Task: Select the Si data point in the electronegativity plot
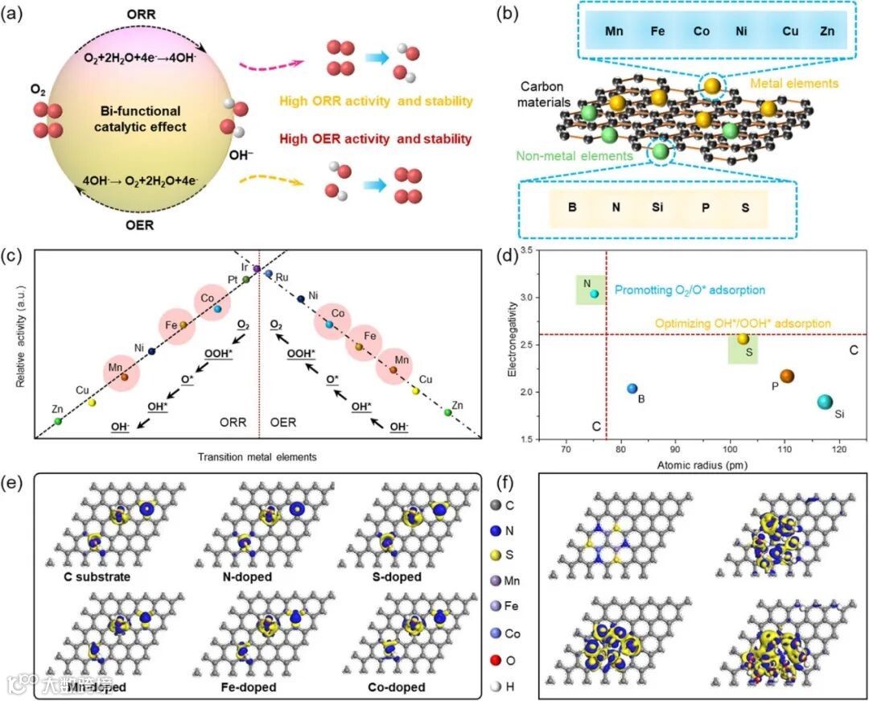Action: pos(825,402)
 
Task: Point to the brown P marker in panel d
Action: pos(787,376)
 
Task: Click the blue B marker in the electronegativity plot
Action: pos(632,389)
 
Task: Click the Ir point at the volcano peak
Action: pos(257,268)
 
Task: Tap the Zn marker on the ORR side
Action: pos(58,421)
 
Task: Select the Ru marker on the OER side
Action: pos(269,274)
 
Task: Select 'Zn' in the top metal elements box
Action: pos(826,36)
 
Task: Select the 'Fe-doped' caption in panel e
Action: pos(249,688)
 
